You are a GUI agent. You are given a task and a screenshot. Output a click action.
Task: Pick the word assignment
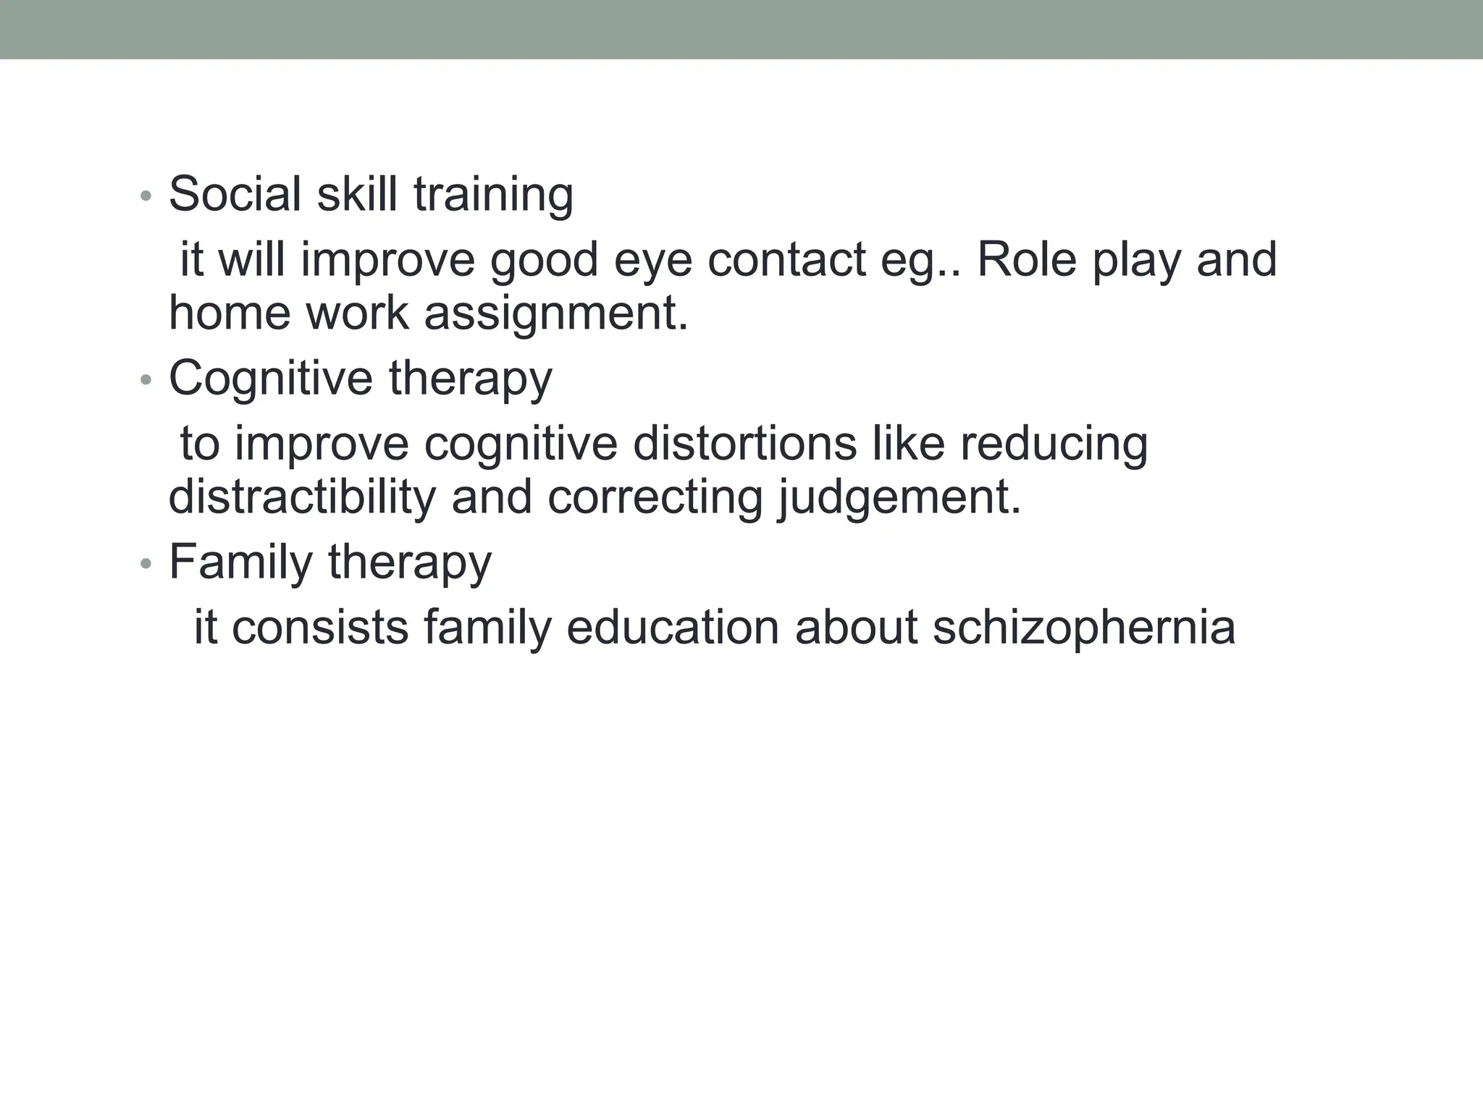pyautogui.click(x=555, y=314)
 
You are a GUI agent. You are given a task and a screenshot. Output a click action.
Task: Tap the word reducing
pyautogui.click(x=1054, y=445)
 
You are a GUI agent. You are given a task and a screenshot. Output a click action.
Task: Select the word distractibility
pyautogui.click(x=302, y=497)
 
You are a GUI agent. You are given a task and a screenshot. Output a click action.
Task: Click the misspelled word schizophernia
pyautogui.click(x=1084, y=628)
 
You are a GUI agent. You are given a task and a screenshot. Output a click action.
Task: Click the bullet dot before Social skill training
pyautogui.click(x=146, y=197)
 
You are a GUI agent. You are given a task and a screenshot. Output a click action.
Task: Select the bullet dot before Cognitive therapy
pyautogui.click(x=146, y=380)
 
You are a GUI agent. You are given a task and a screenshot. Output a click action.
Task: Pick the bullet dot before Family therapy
pyautogui.click(x=146, y=564)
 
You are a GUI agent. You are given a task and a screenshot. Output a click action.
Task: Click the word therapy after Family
pyautogui.click(x=410, y=563)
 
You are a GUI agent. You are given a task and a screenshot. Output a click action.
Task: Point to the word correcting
pyautogui.click(x=655, y=499)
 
